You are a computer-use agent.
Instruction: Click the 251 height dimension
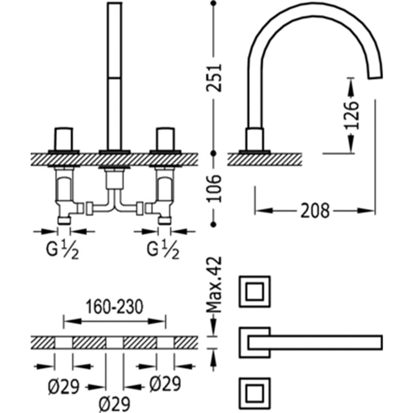pos(214,77)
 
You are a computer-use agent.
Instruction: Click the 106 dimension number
pos(214,188)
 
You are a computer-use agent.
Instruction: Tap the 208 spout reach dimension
pos(315,211)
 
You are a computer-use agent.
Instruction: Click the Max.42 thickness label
pos(214,285)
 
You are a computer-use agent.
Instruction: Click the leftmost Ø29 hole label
pos(63,387)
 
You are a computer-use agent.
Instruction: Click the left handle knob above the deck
pos(63,139)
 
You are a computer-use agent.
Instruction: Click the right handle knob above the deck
pos(165,139)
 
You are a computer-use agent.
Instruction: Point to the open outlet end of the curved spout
pos(375,76)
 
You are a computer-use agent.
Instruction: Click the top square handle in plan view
pos(255,291)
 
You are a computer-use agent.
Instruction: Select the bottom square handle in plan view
pos(255,393)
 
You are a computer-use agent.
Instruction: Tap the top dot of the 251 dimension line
pos(214,4)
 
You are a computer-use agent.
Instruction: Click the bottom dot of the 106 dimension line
pos(214,225)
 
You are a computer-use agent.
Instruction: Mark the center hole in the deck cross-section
pos(115,343)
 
